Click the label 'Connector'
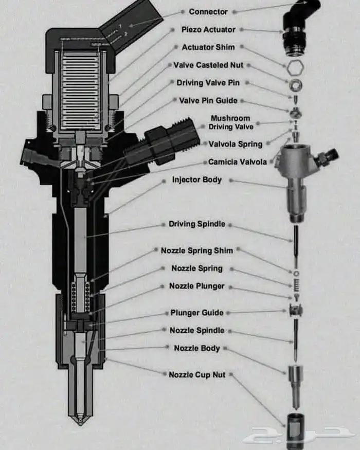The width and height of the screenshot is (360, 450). [208, 12]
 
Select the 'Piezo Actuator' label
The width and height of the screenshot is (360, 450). [208, 29]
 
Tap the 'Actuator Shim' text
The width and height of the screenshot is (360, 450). [208, 47]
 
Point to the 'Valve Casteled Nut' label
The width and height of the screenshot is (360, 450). [208, 65]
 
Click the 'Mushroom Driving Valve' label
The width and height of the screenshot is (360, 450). [231, 122]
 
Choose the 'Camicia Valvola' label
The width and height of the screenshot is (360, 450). [238, 162]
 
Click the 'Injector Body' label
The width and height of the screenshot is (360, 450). [197, 179]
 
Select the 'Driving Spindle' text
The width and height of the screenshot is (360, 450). [197, 224]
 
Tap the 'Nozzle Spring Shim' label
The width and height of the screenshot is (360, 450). [197, 250]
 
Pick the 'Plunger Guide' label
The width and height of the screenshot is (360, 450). [197, 313]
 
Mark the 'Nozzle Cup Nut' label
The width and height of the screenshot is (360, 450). [197, 374]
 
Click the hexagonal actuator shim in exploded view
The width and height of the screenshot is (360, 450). [295, 67]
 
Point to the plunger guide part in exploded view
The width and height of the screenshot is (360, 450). [296, 311]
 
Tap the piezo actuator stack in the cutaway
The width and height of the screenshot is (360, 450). [80, 91]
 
